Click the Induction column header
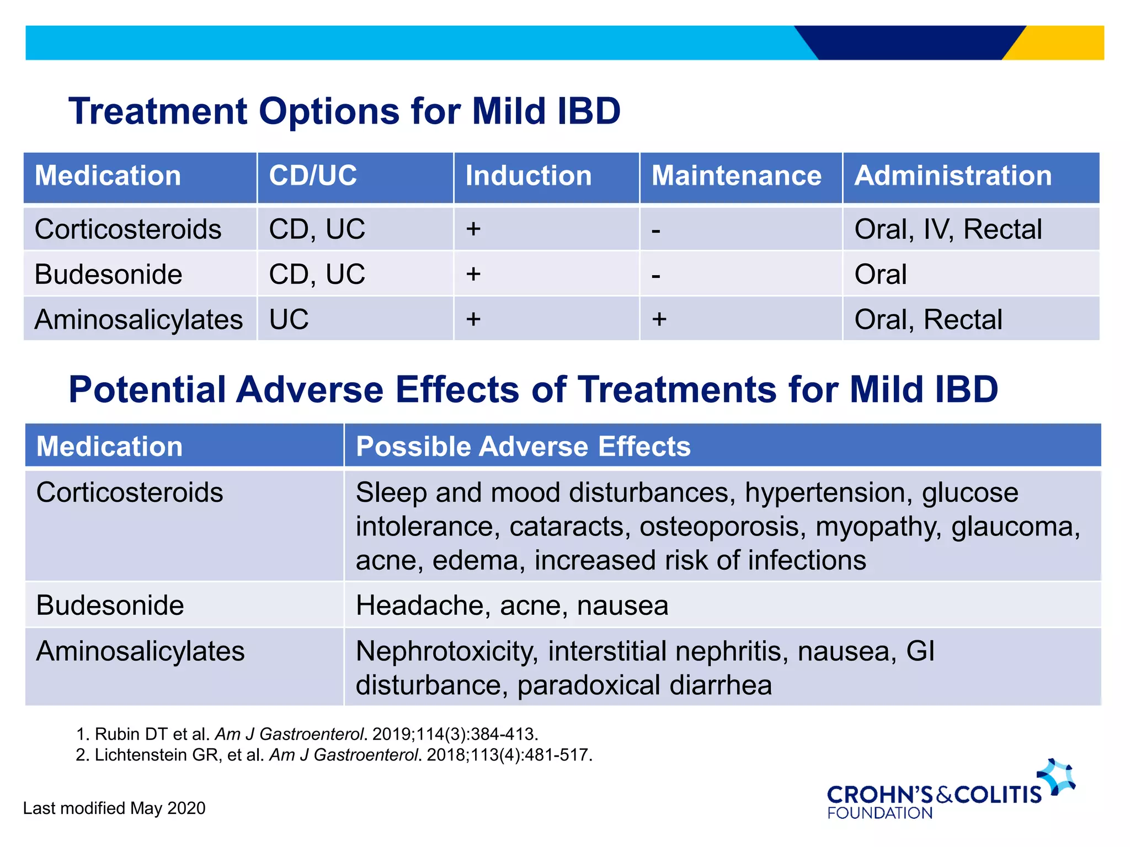pyautogui.click(x=528, y=176)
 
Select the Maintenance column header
pyautogui.click(x=736, y=176)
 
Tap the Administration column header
pyautogui.click(x=953, y=176)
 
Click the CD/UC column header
pyautogui.click(x=313, y=176)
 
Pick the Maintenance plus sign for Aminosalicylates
pyautogui.click(x=659, y=319)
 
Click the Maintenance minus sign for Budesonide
pyautogui.click(x=655, y=275)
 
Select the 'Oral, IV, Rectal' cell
pyautogui.click(x=948, y=229)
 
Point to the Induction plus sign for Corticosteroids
pyautogui.click(x=473, y=229)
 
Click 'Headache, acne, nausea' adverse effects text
pyautogui.click(x=511, y=605)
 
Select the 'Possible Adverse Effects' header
pyautogui.click(x=523, y=446)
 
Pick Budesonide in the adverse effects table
pyautogui.click(x=110, y=605)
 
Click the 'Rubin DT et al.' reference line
pyautogui.click(x=307, y=735)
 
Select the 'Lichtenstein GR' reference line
pyautogui.click(x=334, y=755)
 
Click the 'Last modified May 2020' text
pyautogui.click(x=114, y=808)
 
